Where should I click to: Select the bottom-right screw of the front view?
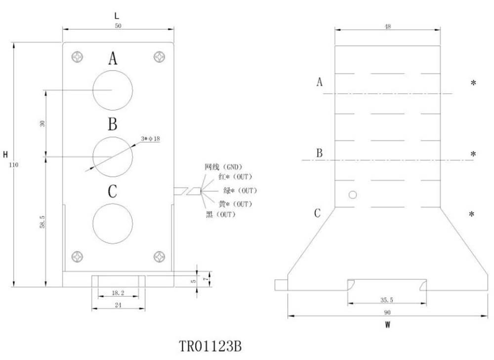point(159,256)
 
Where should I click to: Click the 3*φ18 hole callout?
point(150,139)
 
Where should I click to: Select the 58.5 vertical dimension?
point(42,221)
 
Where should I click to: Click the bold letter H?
point(5,155)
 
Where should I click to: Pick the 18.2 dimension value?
point(118,293)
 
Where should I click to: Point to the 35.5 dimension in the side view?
point(387,299)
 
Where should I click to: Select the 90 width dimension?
point(387,312)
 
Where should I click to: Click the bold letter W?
point(388,325)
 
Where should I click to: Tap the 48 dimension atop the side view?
point(387,27)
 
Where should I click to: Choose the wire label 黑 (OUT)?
point(221,214)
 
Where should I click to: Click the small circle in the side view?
point(352,195)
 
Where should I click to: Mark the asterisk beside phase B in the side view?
point(473,155)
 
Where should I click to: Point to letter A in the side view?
point(320,82)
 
